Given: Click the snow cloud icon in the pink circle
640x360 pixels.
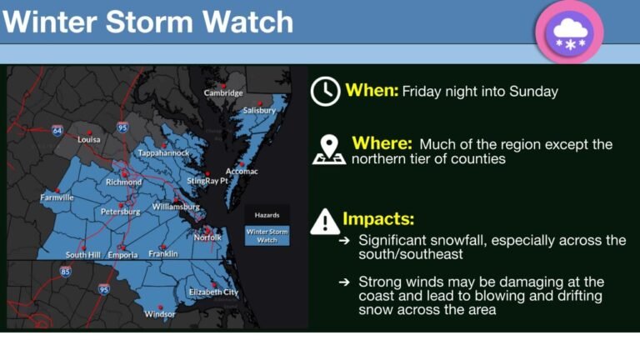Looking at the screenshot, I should (570, 32).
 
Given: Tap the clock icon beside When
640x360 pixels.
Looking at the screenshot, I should (325, 92).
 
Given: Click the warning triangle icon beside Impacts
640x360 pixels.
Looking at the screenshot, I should (324, 221).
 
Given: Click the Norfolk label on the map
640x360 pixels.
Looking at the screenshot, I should (208, 237).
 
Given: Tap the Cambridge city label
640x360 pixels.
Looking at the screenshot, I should (223, 92).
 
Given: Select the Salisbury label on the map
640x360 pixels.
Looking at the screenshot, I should (259, 110).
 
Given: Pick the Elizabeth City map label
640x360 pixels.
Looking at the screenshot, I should (213, 292).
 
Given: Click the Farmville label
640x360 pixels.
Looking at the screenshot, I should (57, 197).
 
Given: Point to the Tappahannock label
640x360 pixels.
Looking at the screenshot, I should (163, 153).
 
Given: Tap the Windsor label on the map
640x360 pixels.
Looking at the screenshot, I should (160, 314).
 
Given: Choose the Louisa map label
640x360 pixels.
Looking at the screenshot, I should (89, 139).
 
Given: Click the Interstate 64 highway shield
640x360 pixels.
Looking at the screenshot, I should (57, 131).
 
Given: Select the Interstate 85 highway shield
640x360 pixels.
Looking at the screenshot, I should (66, 271).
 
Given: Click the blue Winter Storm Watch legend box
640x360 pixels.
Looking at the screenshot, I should (267, 236).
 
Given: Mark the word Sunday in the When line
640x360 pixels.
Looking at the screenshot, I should (536, 92).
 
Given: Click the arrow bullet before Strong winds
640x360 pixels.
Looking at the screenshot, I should (344, 282).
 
